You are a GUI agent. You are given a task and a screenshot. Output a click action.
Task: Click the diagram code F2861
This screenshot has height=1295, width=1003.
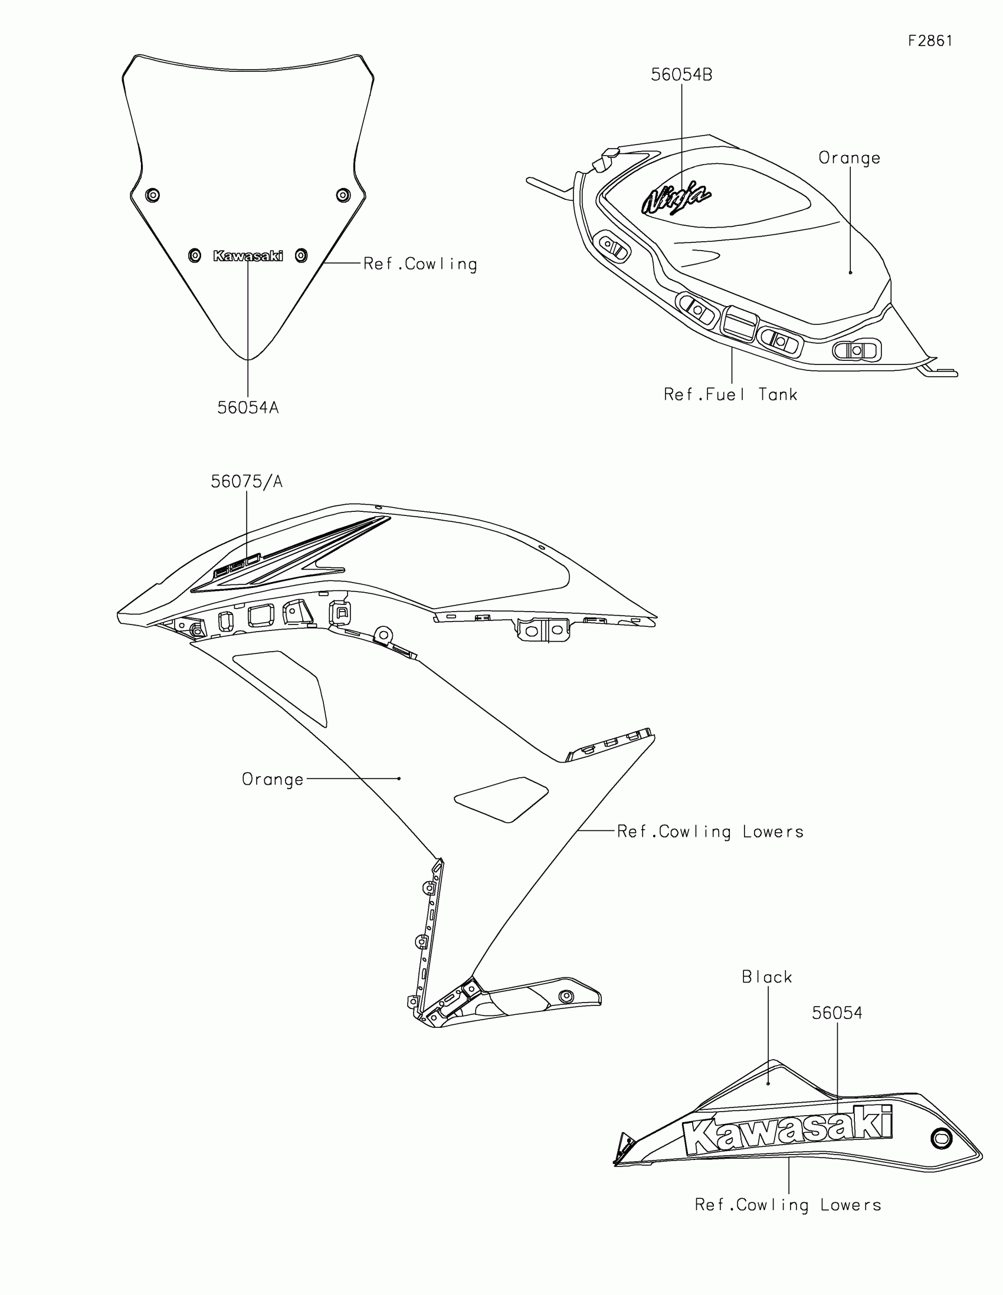tap(930, 41)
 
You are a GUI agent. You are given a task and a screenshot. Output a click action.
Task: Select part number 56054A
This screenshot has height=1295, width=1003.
tap(248, 408)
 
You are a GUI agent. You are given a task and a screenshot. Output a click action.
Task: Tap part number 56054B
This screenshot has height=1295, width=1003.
tap(681, 75)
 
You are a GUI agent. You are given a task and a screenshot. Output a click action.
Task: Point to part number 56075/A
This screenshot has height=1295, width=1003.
tap(247, 481)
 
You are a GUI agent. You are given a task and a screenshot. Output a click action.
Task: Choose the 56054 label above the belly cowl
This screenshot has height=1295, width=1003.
tap(837, 1013)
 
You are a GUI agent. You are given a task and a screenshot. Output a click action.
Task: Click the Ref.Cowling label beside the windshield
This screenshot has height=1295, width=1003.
tap(420, 264)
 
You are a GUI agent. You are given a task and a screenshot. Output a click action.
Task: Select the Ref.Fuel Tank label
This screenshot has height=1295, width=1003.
tap(730, 395)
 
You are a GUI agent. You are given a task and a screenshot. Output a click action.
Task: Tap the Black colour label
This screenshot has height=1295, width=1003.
tap(767, 977)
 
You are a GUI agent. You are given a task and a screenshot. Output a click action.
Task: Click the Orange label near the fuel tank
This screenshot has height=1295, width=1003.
tap(850, 158)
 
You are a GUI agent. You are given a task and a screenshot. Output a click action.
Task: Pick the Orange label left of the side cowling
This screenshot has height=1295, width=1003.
tap(273, 779)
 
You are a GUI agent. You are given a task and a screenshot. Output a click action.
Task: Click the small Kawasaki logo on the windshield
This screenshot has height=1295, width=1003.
tap(248, 255)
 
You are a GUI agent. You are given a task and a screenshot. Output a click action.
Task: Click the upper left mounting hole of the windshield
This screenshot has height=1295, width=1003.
tap(153, 195)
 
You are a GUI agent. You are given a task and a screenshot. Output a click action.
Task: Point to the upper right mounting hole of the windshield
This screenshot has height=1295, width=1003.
tap(343, 195)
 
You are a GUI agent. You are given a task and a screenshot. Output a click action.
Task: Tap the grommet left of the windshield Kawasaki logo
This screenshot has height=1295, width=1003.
tap(195, 255)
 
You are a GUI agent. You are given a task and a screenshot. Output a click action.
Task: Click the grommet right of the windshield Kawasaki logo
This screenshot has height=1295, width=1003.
tap(301, 255)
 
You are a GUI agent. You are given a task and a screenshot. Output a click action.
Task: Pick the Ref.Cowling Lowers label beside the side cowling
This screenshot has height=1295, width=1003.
tap(710, 831)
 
